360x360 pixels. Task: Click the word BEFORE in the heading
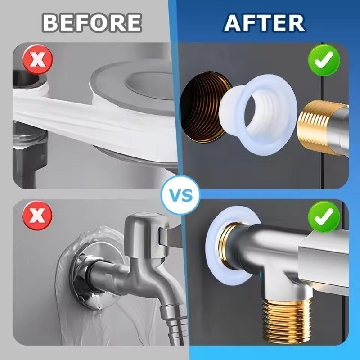click(92, 23)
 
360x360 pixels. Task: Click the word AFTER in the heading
click(264, 23)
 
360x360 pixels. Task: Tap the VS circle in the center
click(181, 195)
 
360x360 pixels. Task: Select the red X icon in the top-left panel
click(38, 59)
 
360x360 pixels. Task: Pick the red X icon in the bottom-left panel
click(37, 216)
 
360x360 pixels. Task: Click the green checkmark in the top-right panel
click(324, 60)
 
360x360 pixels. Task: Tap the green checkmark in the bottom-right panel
click(324, 217)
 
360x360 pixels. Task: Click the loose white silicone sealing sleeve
click(257, 115)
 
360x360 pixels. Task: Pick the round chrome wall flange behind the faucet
click(96, 275)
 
